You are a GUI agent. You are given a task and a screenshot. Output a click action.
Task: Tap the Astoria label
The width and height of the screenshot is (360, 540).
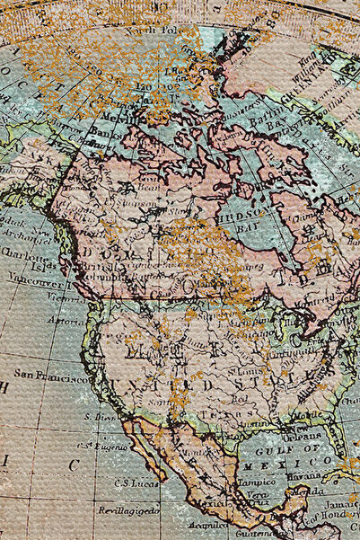67,320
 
